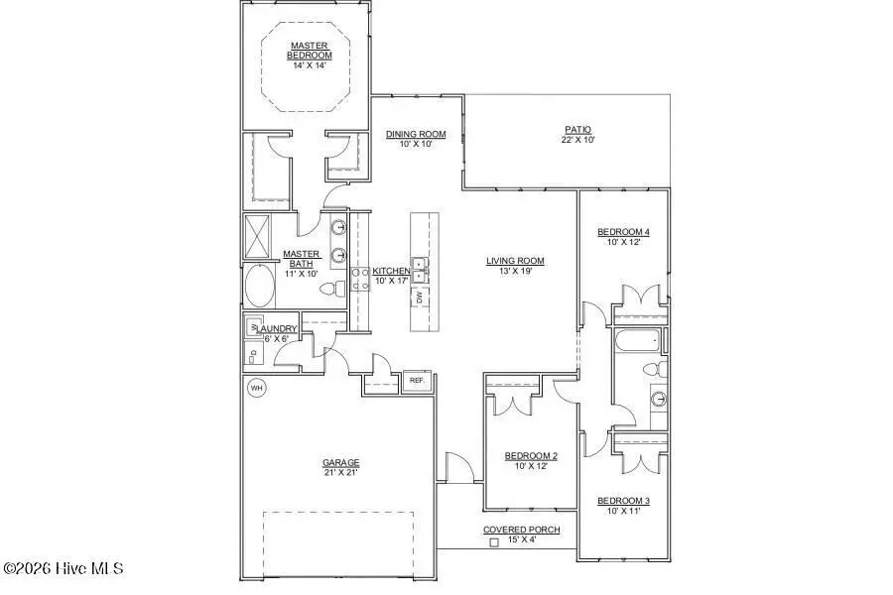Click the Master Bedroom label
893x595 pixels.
(x=310, y=51)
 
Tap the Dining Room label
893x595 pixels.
(x=416, y=134)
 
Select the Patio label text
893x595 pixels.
(x=577, y=129)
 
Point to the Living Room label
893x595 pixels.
(x=515, y=262)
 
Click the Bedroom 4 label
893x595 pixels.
(x=623, y=233)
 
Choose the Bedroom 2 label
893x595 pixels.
(x=531, y=456)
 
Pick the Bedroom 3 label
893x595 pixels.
(x=623, y=501)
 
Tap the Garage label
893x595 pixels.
(x=340, y=462)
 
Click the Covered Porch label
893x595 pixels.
(x=521, y=531)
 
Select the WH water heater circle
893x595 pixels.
(x=256, y=387)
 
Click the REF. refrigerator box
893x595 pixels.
(x=417, y=380)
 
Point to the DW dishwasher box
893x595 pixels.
(x=420, y=297)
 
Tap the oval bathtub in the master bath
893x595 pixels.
(x=261, y=286)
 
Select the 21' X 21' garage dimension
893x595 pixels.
(x=340, y=473)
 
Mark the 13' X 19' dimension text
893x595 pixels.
(x=515, y=272)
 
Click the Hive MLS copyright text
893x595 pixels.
(x=63, y=568)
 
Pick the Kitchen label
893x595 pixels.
(x=391, y=271)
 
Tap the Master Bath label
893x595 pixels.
(x=301, y=259)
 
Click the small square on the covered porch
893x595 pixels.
(x=493, y=542)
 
